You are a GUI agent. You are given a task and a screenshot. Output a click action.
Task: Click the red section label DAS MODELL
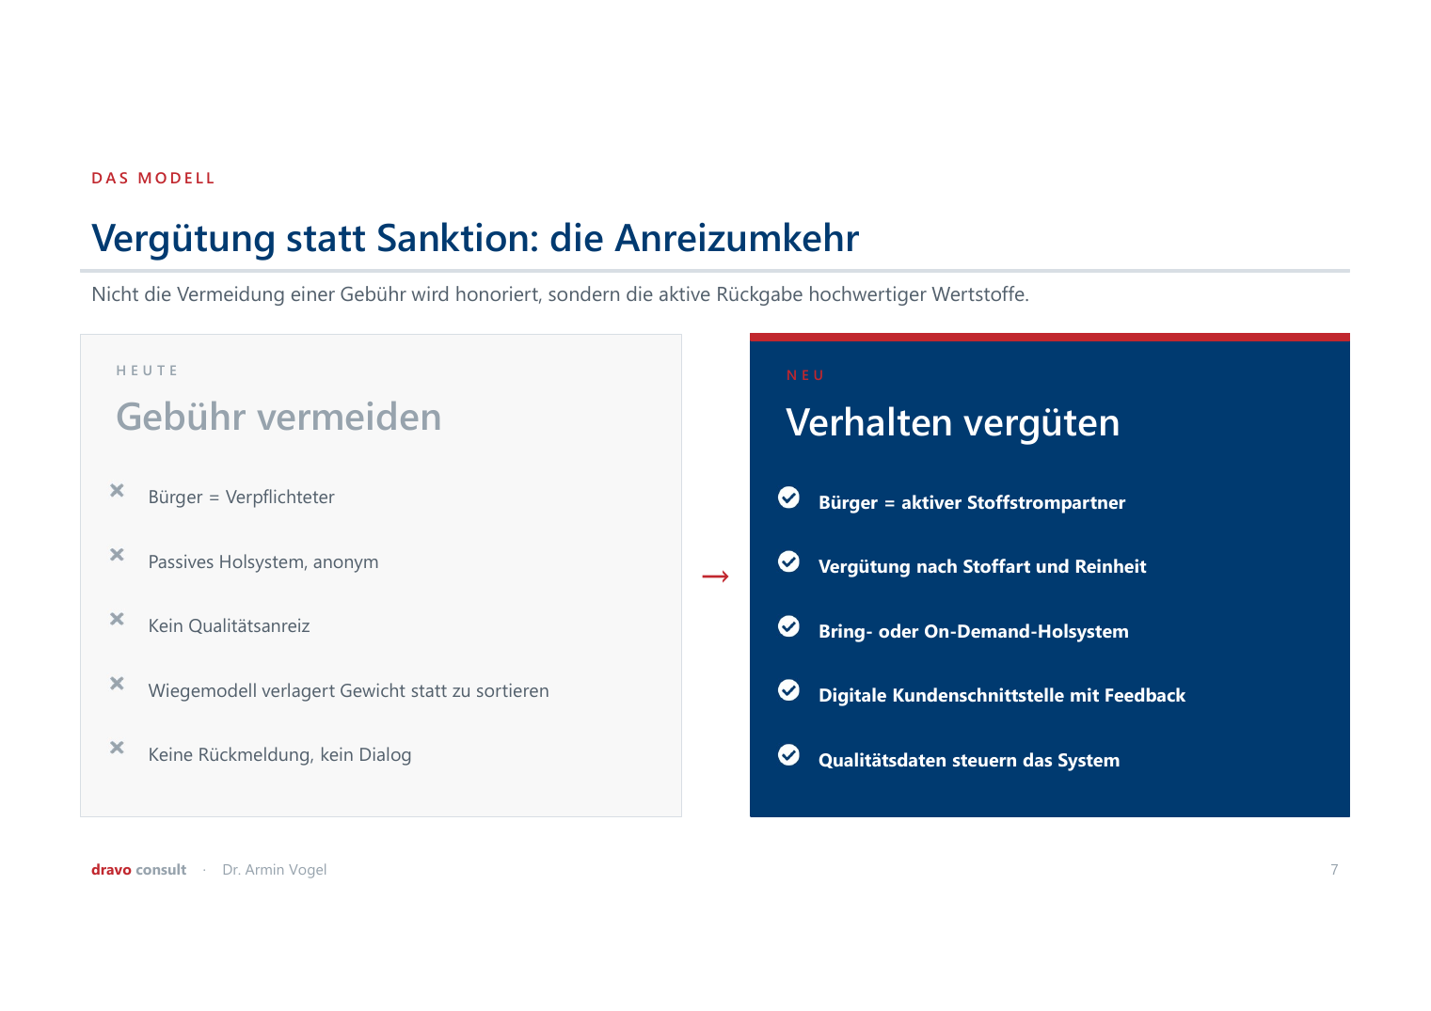point(152,178)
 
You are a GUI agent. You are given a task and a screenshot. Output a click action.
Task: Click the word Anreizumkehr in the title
point(737,238)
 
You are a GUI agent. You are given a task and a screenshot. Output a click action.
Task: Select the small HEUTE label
point(147,371)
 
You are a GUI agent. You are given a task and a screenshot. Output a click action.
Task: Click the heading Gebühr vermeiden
point(278,417)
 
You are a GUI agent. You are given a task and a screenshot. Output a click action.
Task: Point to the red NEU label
point(805,375)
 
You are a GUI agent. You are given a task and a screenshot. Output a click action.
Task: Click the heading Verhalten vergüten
point(952,423)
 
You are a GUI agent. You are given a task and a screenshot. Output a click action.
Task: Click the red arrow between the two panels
point(715,577)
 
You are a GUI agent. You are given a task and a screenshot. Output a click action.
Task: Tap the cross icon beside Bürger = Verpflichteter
point(117,491)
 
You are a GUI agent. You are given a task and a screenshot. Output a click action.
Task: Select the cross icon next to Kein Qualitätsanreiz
point(117,619)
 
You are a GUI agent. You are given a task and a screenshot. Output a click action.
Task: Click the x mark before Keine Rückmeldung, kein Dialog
point(117,748)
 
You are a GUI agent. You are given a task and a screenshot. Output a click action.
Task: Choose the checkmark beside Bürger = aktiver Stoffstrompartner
point(789,497)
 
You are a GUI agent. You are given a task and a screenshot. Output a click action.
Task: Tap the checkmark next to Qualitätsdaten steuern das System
point(789,754)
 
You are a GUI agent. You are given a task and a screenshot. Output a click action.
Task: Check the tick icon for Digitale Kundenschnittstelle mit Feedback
point(789,689)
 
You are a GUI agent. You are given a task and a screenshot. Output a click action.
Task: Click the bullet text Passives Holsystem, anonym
point(263,562)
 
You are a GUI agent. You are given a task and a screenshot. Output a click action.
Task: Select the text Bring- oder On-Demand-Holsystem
point(974,632)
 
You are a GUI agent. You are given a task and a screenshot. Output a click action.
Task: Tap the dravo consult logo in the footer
point(138,869)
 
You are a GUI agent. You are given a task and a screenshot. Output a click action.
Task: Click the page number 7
point(1334,869)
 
